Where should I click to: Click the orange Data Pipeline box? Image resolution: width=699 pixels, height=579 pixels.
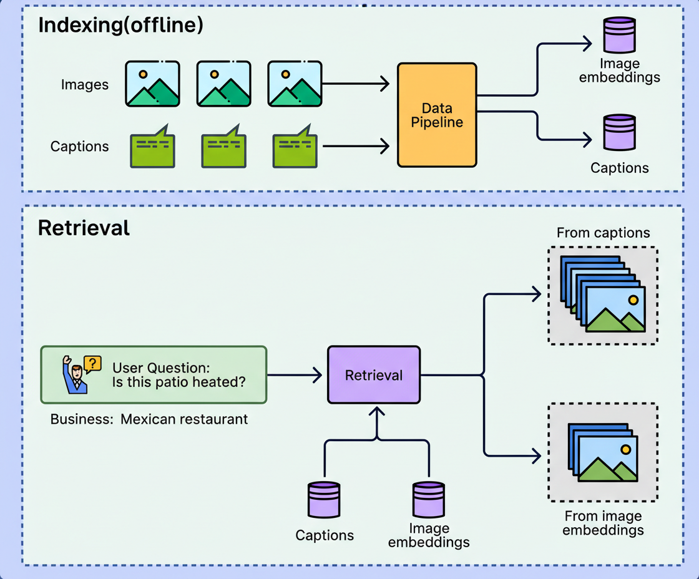(437, 115)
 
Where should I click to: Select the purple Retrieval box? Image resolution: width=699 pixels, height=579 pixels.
(374, 375)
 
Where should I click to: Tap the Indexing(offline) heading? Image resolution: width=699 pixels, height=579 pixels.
(121, 25)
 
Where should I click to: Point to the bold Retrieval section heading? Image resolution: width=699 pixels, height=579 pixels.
(84, 228)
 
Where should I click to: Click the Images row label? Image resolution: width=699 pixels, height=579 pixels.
(85, 84)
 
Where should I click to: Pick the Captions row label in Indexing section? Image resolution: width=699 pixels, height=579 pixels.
(80, 147)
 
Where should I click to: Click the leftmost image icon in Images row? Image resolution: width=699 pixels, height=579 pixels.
(152, 84)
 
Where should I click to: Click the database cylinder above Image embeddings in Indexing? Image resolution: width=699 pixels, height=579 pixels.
(619, 36)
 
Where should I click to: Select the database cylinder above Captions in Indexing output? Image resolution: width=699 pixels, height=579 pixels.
(619, 132)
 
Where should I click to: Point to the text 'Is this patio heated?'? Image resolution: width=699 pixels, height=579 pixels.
(179, 382)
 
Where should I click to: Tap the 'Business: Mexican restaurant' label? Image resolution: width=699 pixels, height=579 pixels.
(149, 419)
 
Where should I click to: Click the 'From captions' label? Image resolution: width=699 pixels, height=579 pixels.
(603, 233)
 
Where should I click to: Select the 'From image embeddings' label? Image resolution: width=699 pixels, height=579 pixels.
(603, 523)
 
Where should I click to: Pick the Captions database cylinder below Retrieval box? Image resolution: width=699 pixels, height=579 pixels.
(324, 501)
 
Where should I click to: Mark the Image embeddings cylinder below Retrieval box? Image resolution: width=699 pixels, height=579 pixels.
(429, 500)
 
